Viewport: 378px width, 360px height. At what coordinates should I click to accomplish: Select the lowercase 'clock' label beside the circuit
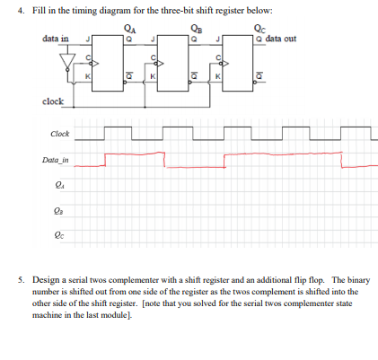(52, 101)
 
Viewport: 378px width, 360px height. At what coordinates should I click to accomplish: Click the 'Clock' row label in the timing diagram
(60, 135)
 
